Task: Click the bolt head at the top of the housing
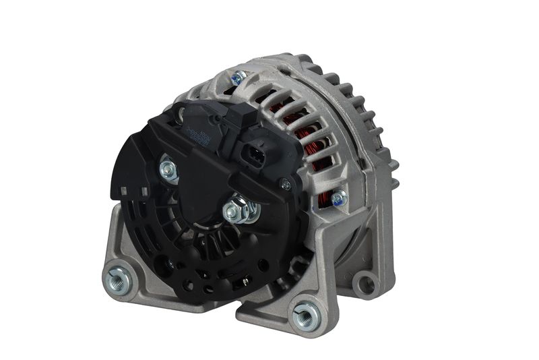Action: [x=236, y=78]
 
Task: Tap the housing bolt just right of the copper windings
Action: [x=339, y=198]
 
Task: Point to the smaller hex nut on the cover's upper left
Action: [x=168, y=168]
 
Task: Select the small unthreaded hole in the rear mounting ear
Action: [x=365, y=283]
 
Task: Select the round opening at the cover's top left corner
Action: [x=179, y=115]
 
